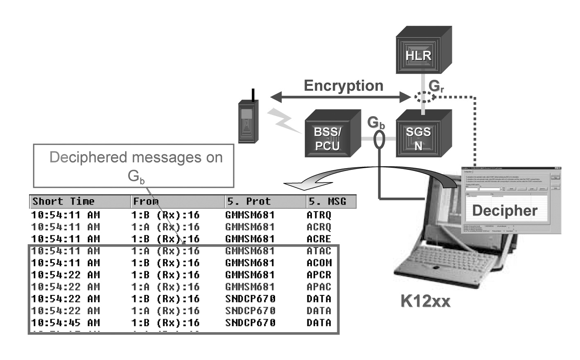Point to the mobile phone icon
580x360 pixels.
tap(248, 121)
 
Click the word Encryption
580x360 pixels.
tap(343, 85)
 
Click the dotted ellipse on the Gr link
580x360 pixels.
tap(424, 97)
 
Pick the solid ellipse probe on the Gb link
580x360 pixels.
tap(380, 139)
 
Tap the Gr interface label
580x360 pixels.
tap(436, 86)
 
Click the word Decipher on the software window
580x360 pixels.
tap(504, 210)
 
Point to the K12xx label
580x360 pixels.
tap(425, 301)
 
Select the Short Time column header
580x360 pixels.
tap(63, 201)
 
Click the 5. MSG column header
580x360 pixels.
tap(327, 201)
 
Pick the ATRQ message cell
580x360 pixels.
tap(319, 215)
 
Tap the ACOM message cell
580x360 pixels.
tap(319, 263)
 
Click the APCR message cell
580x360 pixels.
tap(319, 274)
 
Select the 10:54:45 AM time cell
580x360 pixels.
tap(65, 322)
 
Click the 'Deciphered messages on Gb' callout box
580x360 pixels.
tap(133, 165)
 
